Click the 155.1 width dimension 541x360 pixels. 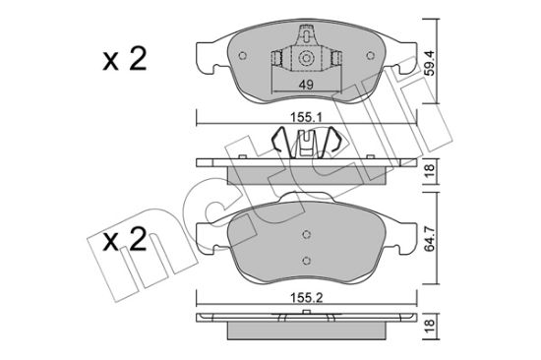tap(306, 118)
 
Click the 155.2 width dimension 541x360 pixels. tap(306, 297)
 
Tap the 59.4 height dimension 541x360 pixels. tap(430, 63)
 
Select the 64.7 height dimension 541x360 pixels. tap(430, 238)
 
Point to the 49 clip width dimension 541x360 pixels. tap(306, 85)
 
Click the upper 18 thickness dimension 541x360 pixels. tap(430, 171)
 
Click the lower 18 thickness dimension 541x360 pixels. tap(430, 327)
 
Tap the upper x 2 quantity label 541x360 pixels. tap(125, 59)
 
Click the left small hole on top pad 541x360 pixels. tap(243, 55)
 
